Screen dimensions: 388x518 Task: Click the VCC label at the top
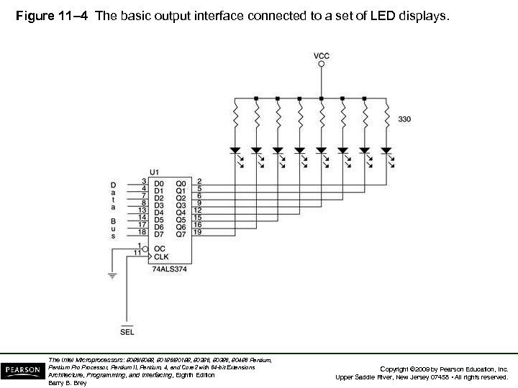(322, 55)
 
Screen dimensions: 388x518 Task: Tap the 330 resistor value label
(404, 119)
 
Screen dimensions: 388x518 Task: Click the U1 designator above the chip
(155, 172)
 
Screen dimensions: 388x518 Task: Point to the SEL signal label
(127, 332)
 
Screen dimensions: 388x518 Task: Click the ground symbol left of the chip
(112, 274)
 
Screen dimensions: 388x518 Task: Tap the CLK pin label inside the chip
(160, 256)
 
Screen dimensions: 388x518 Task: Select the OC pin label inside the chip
(159, 248)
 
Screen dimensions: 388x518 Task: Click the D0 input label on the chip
(158, 184)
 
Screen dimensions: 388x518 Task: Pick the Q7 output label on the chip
(181, 234)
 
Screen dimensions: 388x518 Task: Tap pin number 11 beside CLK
(137, 253)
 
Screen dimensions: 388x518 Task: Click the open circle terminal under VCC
(322, 65)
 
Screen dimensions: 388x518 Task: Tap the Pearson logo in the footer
(22, 370)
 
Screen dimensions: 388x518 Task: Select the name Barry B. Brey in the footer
(67, 383)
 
